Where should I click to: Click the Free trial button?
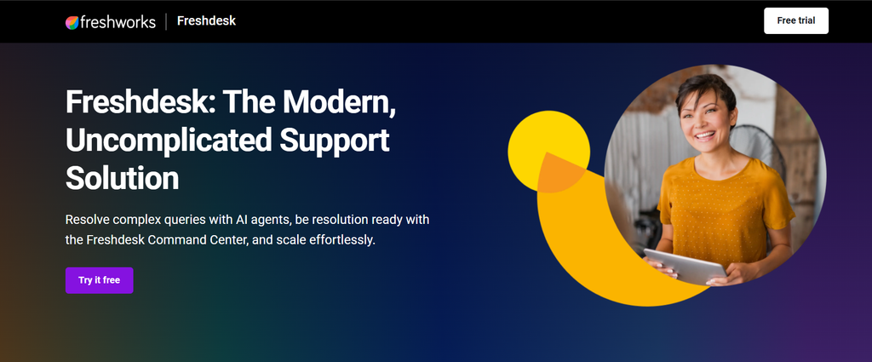[796, 21]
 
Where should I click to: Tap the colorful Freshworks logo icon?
[72, 22]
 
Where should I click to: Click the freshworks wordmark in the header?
[118, 22]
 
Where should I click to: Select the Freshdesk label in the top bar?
[206, 21]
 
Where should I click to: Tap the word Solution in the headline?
[123, 179]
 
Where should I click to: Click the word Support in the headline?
[334, 141]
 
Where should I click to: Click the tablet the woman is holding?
[686, 267]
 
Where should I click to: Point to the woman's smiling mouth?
[705, 135]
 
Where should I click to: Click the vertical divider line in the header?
[166, 22]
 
